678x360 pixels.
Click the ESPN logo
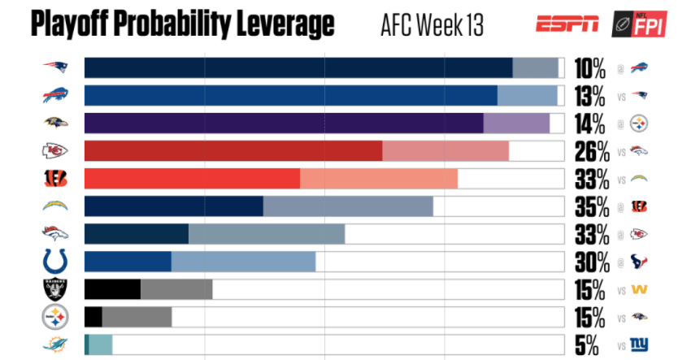[567, 24]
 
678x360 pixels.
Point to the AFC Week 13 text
[432, 25]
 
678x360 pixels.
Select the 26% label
[591, 152]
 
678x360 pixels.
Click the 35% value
[591, 206]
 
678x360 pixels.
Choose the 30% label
[591, 262]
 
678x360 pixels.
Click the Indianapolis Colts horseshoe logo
[55, 262]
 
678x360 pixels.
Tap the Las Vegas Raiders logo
[55, 289]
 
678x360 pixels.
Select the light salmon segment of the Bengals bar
[379, 179]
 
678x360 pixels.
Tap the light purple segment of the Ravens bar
[516, 124]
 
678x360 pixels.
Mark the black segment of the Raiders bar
[112, 289]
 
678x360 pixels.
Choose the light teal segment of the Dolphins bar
[100, 345]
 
